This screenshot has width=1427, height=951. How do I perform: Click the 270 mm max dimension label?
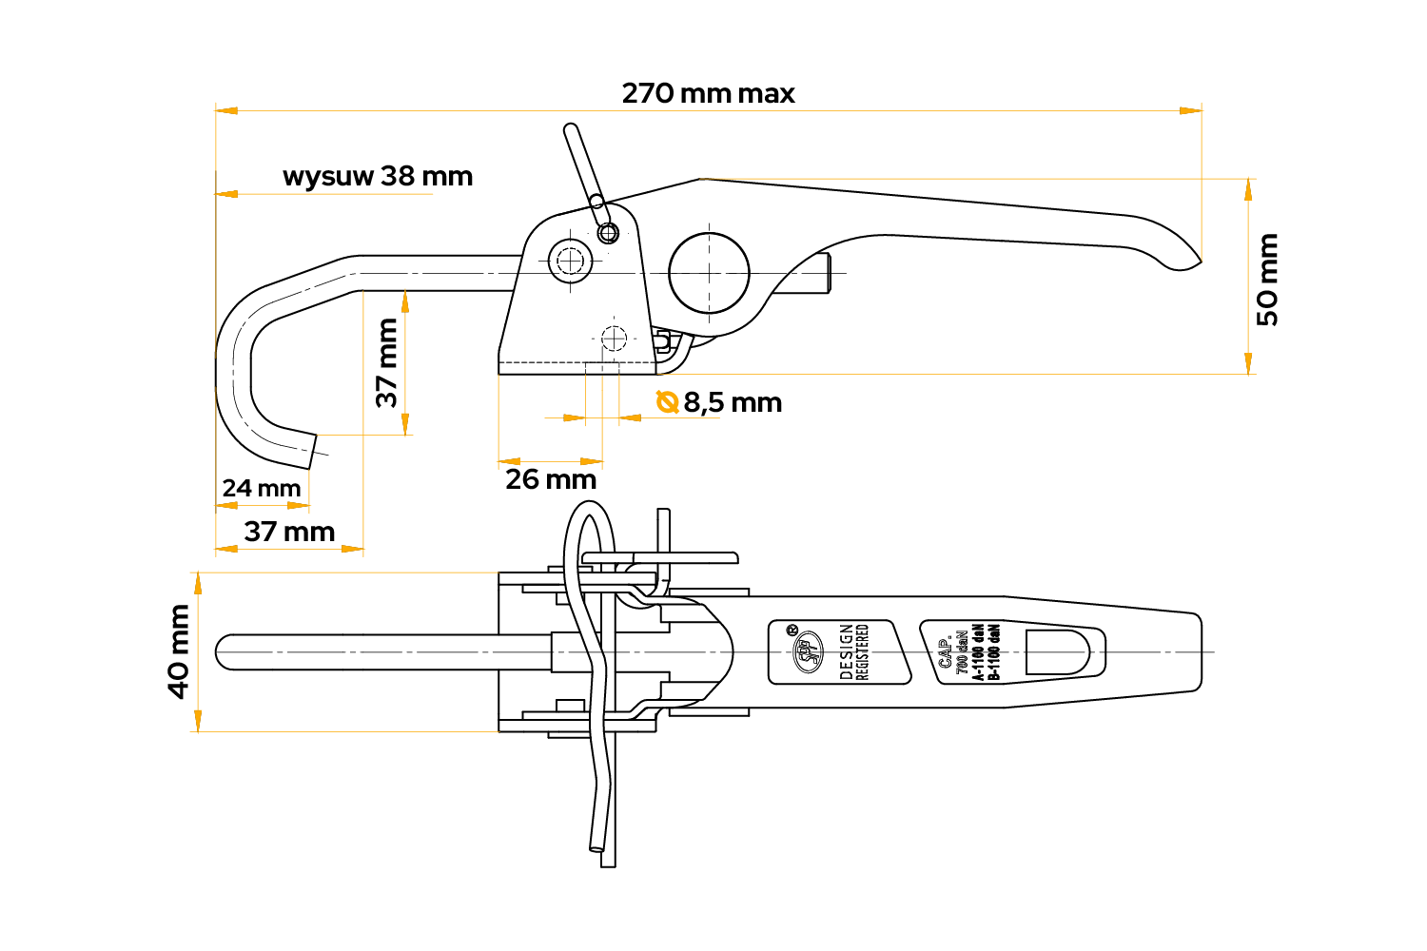tap(708, 93)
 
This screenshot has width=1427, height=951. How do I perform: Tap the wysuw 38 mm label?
tap(378, 177)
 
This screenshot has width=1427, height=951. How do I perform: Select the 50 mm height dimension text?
tap(1267, 280)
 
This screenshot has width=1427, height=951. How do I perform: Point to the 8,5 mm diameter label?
tap(733, 403)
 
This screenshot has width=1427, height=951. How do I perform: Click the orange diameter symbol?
tap(667, 402)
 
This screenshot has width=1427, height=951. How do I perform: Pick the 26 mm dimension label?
tap(551, 479)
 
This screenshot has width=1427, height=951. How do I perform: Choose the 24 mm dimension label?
tap(262, 489)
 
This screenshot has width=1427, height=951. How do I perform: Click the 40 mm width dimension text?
tap(179, 651)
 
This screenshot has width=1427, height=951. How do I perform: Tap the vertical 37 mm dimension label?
tap(387, 362)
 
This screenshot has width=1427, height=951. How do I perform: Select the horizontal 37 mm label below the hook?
tap(289, 532)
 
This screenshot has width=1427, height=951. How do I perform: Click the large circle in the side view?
tap(709, 273)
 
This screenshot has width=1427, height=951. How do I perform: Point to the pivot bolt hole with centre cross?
tap(570, 260)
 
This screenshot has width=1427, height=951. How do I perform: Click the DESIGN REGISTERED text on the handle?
tap(854, 652)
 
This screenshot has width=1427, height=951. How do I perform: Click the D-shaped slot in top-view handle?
tap(1057, 652)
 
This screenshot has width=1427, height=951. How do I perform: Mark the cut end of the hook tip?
tap(312, 451)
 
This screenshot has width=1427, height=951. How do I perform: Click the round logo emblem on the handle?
tap(808, 652)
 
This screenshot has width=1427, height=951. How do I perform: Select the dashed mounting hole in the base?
tap(614, 338)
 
